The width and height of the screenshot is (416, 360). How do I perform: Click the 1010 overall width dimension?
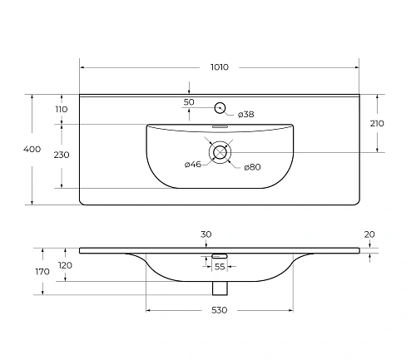pos(220,67)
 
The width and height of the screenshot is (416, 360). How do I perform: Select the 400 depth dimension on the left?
pos(32,150)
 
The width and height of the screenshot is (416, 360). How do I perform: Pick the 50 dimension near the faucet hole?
pos(189,101)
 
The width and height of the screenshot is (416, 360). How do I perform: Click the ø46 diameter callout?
pos(193,164)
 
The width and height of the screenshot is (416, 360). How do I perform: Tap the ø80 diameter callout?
pos(252,167)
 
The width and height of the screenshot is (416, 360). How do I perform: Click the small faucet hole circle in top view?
pos(220,107)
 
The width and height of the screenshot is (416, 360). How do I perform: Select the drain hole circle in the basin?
pos(220,152)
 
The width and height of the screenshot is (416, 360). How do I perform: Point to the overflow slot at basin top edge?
pos(220,127)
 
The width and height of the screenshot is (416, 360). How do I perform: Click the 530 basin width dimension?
pos(219,310)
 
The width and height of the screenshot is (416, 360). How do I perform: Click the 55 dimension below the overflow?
pos(220,266)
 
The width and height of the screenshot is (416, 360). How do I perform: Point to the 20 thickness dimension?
pos(369,234)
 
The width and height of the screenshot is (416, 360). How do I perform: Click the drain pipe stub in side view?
pos(220,287)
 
